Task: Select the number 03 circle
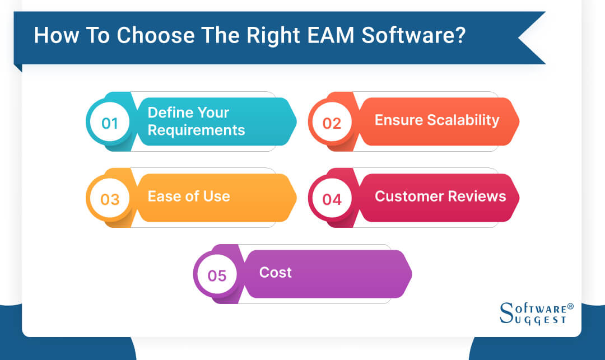pyautogui.click(x=110, y=199)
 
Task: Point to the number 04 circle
pyautogui.click(x=332, y=199)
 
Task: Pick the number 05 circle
pyautogui.click(x=217, y=275)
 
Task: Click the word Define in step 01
pyautogui.click(x=168, y=113)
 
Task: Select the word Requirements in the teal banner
pyautogui.click(x=196, y=130)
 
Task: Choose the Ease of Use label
pyautogui.click(x=189, y=197)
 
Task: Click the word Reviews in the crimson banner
pyautogui.click(x=479, y=197)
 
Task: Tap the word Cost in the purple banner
pyautogui.click(x=275, y=273)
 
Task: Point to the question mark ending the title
pyautogui.click(x=458, y=35)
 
